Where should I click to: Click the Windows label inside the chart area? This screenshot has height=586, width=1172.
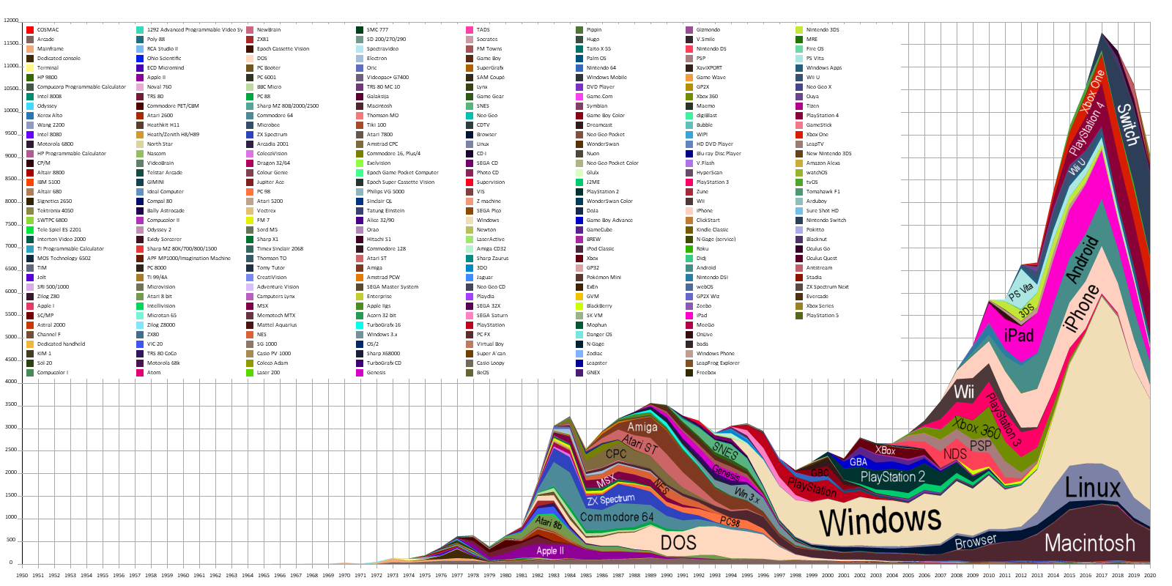point(880,520)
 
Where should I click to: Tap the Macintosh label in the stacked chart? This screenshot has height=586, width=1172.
point(1089,543)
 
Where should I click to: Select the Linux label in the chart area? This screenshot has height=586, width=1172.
point(1092,488)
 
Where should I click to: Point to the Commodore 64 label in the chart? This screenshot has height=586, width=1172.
point(616,517)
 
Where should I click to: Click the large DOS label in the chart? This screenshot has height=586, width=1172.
point(678,543)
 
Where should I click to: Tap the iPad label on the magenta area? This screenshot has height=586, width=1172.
point(1018,335)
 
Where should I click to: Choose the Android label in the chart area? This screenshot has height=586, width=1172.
point(1083,259)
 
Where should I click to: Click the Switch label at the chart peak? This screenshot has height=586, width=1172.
point(1127,124)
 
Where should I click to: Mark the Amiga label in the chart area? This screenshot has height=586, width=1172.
point(642,427)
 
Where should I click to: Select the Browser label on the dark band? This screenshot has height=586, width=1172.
point(975,542)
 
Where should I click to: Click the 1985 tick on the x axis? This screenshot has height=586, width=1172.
point(586,575)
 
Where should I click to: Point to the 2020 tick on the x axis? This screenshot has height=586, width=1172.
point(1150,575)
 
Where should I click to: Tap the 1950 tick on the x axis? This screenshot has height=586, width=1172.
point(22,575)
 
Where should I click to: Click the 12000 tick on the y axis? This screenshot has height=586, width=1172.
point(11,21)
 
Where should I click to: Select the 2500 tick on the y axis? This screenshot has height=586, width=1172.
point(11,450)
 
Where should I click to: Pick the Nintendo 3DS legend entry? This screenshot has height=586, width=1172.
point(822,30)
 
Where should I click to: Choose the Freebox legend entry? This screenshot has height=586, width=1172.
point(706,373)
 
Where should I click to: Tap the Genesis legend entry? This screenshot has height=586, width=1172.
point(376,373)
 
